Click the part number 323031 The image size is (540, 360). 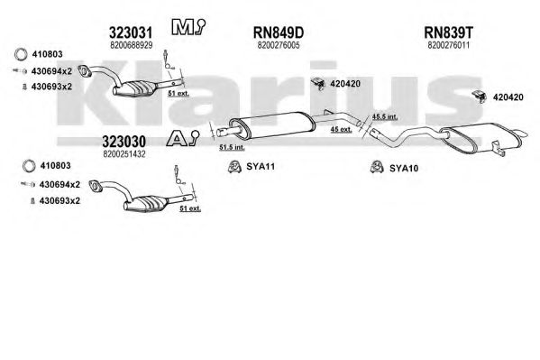[x=131, y=32]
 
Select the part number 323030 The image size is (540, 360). [x=124, y=142]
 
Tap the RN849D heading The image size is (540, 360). [x=279, y=32]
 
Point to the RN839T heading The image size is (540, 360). [x=448, y=32]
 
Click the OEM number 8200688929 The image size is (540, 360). [x=132, y=45]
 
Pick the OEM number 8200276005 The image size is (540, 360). [x=279, y=45]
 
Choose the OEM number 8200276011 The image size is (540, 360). [x=448, y=45]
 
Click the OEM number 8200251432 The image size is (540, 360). [x=124, y=153]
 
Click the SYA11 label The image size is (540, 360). [x=261, y=167]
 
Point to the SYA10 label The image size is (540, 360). [x=404, y=169]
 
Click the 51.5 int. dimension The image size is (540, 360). [x=232, y=147]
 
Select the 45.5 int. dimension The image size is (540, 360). [x=385, y=116]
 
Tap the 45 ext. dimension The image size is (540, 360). [x=341, y=129]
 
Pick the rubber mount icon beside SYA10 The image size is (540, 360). [x=377, y=168]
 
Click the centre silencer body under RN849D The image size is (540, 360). [x=272, y=125]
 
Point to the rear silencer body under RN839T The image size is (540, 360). [x=481, y=138]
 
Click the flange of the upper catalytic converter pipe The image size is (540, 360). [x=84, y=70]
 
